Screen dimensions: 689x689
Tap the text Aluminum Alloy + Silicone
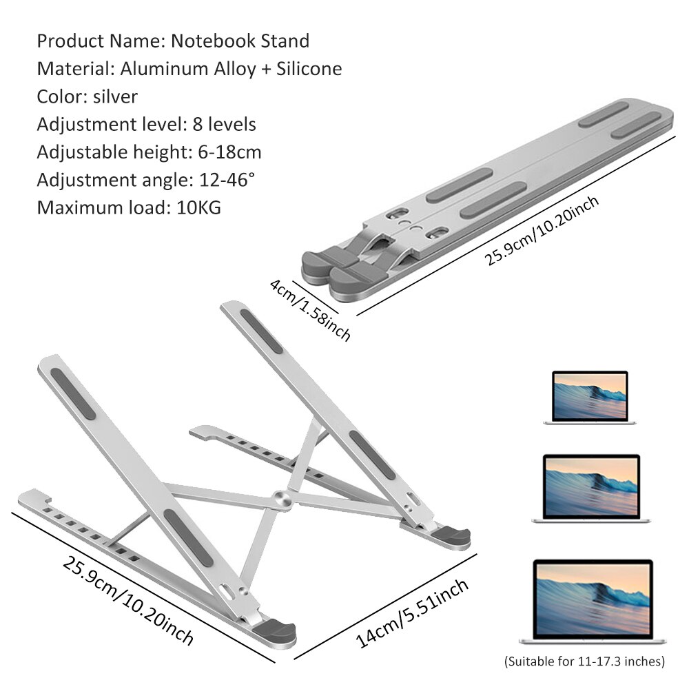[x=231, y=69]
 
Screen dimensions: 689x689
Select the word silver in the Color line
[x=116, y=96]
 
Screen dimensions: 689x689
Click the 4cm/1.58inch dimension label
[x=310, y=310]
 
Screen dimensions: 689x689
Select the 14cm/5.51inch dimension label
[x=413, y=613]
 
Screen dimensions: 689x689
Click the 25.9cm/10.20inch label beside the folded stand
[x=542, y=229]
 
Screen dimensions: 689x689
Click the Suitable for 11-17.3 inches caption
[x=584, y=662]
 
